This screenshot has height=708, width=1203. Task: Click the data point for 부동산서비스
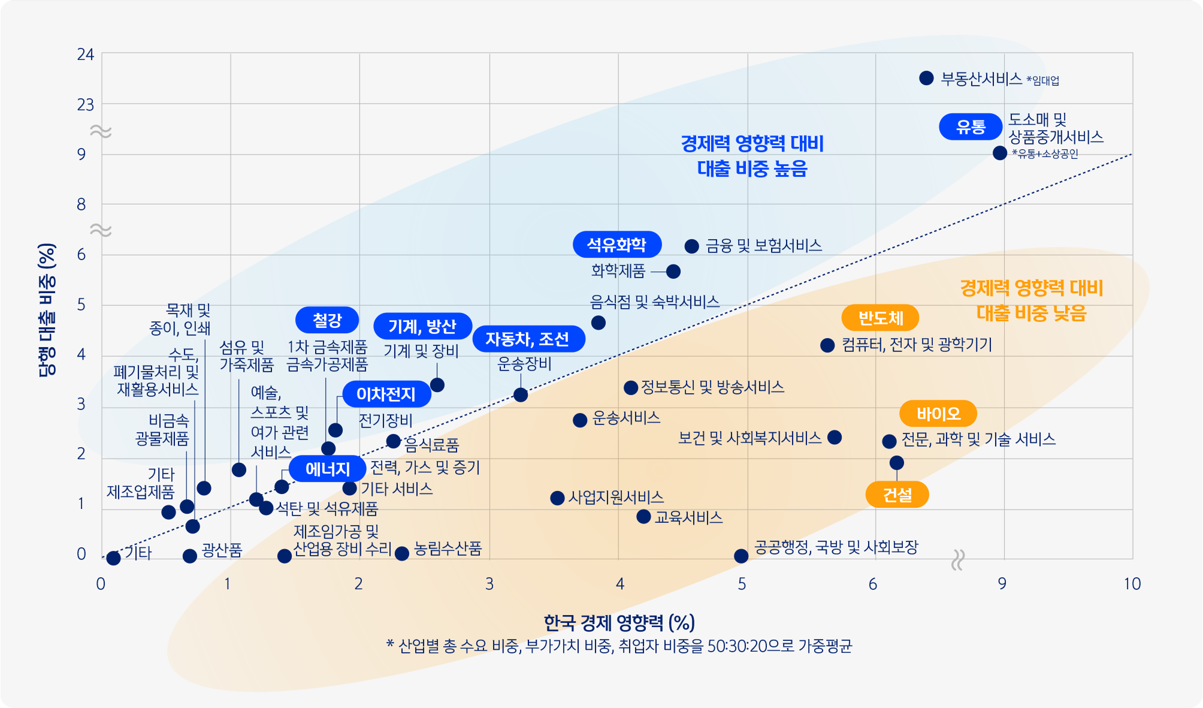pyautogui.click(x=926, y=78)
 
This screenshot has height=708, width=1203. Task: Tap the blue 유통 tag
pyautogui.click(x=971, y=126)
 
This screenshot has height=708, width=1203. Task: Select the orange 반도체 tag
pyautogui.click(x=880, y=318)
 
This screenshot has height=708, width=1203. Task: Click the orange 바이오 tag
pyautogui.click(x=938, y=414)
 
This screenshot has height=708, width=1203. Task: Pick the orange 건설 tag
pyautogui.click(x=897, y=495)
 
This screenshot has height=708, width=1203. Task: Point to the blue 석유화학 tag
pyautogui.click(x=616, y=244)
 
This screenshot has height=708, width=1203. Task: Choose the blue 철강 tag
pyautogui.click(x=327, y=320)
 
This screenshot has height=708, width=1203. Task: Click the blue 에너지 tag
pyautogui.click(x=327, y=469)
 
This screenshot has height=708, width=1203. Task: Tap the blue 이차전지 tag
pyautogui.click(x=386, y=394)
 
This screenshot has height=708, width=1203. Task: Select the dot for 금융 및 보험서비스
pyautogui.click(x=692, y=246)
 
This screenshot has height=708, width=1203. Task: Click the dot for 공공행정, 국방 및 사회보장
pyautogui.click(x=741, y=556)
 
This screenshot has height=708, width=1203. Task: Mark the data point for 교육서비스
pyautogui.click(x=643, y=517)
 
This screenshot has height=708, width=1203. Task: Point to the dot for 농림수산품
pyautogui.click(x=402, y=553)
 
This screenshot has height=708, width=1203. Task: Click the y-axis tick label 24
pyautogui.click(x=86, y=55)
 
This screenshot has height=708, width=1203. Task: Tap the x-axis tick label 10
pyautogui.click(x=1132, y=584)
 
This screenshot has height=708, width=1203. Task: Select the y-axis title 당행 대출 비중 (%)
pyautogui.click(x=47, y=309)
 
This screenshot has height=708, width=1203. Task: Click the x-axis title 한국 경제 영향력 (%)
pyautogui.click(x=619, y=623)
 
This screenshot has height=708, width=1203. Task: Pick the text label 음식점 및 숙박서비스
pyautogui.click(x=655, y=302)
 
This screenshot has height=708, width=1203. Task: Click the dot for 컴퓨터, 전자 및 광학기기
pyautogui.click(x=827, y=345)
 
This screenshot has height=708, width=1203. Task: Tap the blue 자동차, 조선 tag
pyautogui.click(x=527, y=339)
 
